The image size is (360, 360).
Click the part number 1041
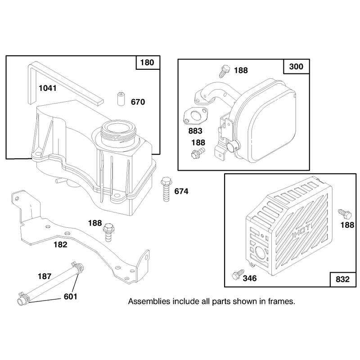pos(48,88)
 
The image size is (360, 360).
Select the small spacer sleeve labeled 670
pos(121,99)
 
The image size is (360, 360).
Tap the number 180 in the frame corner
pos(147,63)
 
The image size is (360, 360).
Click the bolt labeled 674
pos(166,189)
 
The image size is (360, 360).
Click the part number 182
pos(60,244)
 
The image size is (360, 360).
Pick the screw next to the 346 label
pos(238,274)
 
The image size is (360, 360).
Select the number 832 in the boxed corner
pos(342,279)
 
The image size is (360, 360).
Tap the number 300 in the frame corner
pos(296,67)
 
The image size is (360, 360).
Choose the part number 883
pos(195,131)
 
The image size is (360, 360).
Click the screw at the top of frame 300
pos(224,71)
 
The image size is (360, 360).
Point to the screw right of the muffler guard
pos(345,214)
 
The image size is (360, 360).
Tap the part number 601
pos(71,297)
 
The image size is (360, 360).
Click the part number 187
pos(45,276)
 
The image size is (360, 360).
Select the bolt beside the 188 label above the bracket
pos(108,232)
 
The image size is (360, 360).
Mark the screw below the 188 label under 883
pos(198,153)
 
